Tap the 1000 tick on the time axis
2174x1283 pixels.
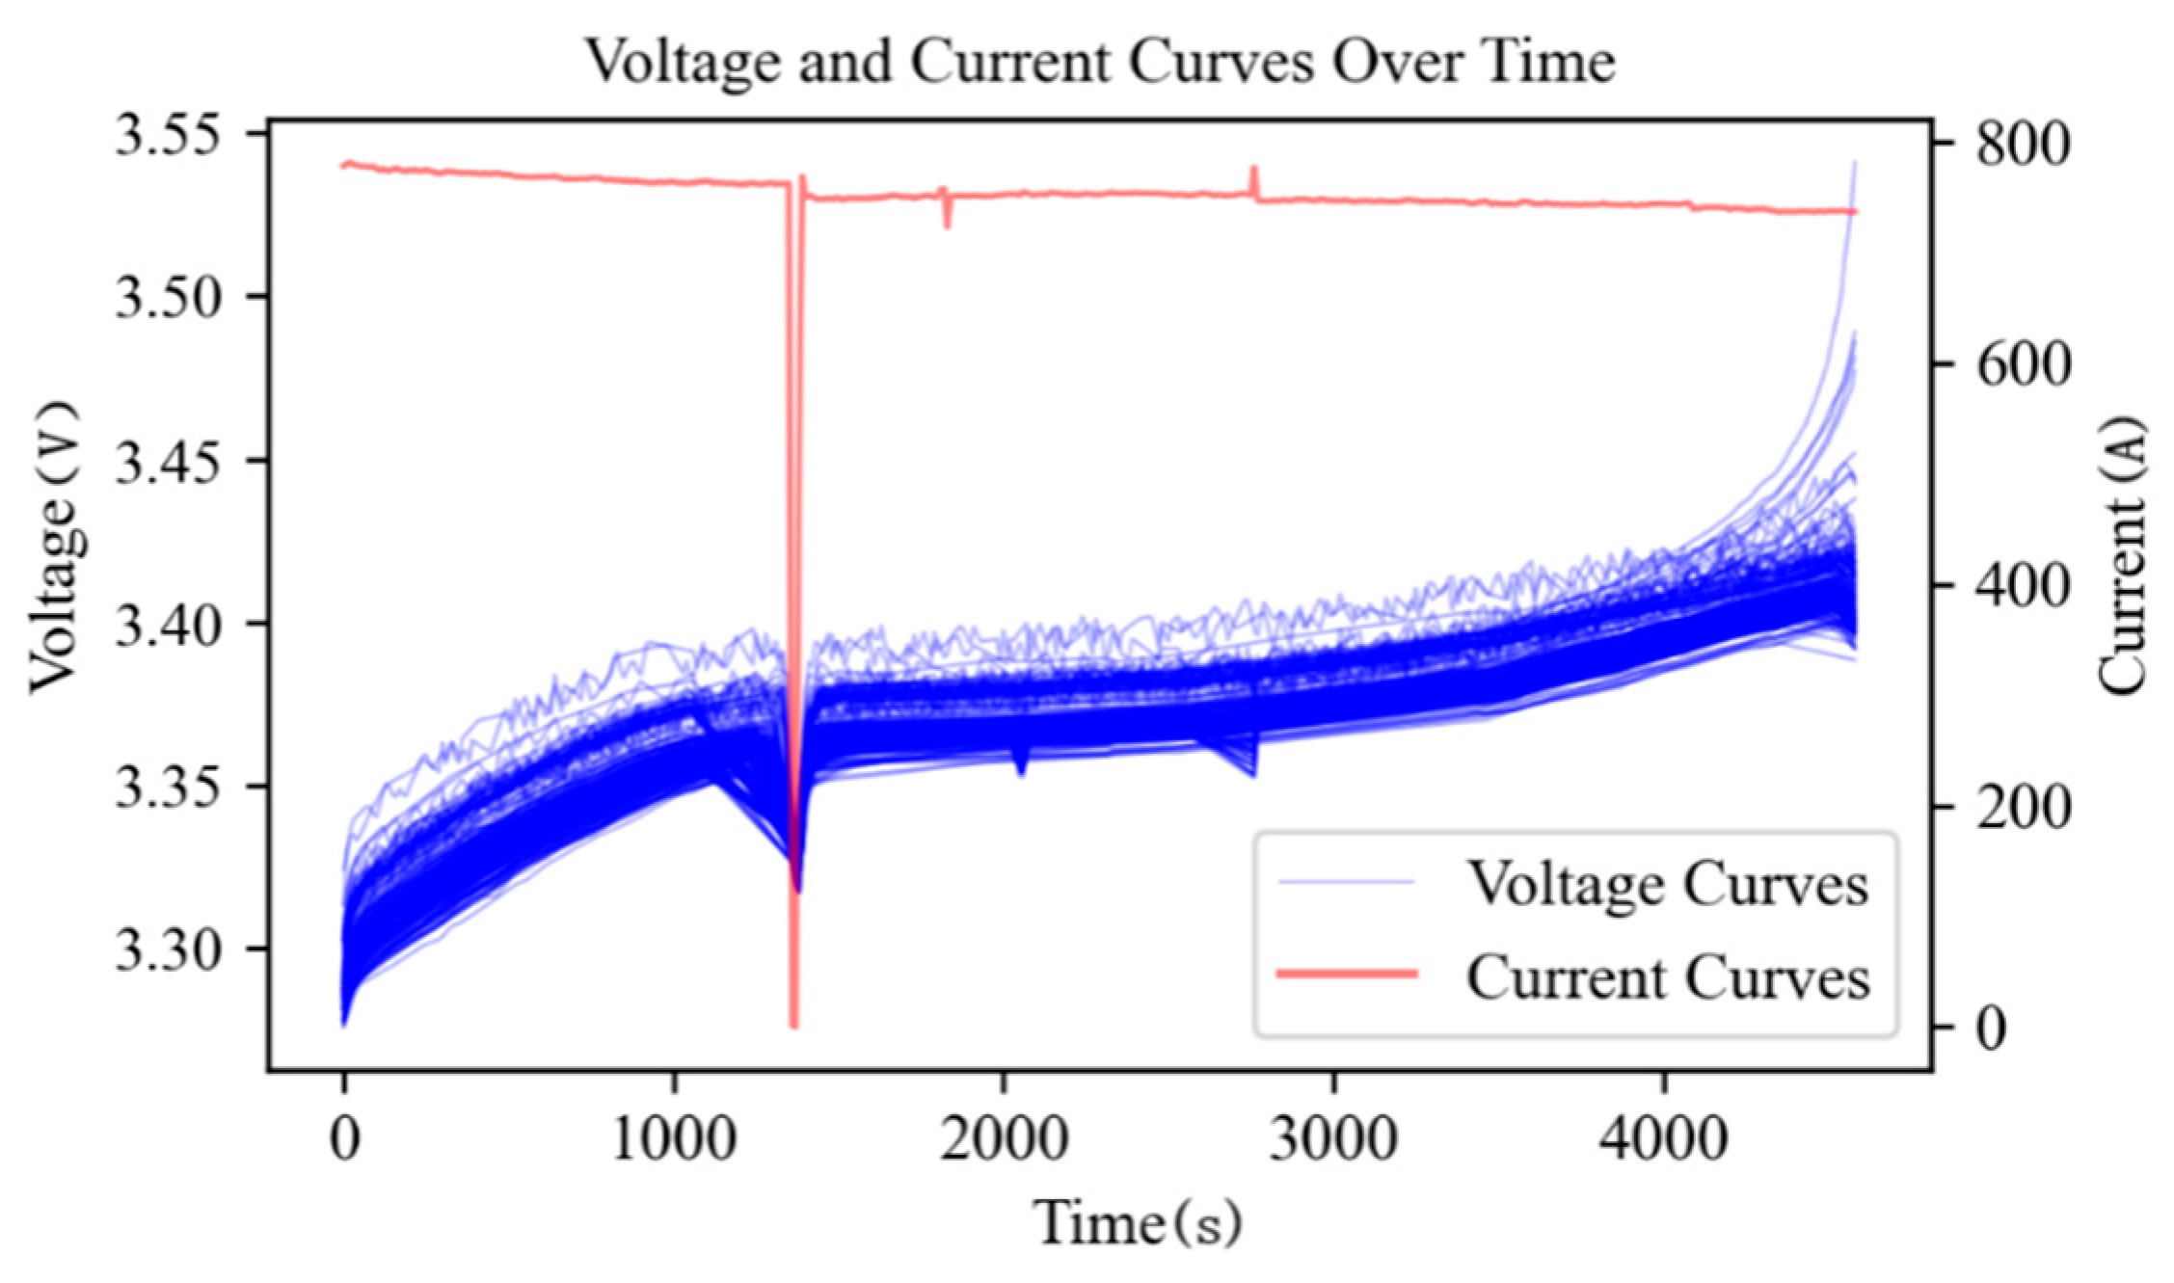click(x=674, y=1139)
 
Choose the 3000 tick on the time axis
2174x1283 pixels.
click(x=1333, y=1139)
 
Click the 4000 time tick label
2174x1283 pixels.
click(x=1663, y=1139)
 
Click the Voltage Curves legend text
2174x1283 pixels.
click(x=1668, y=883)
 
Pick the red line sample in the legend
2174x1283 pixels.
click(x=1347, y=974)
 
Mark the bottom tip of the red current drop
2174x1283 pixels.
click(x=794, y=1026)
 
